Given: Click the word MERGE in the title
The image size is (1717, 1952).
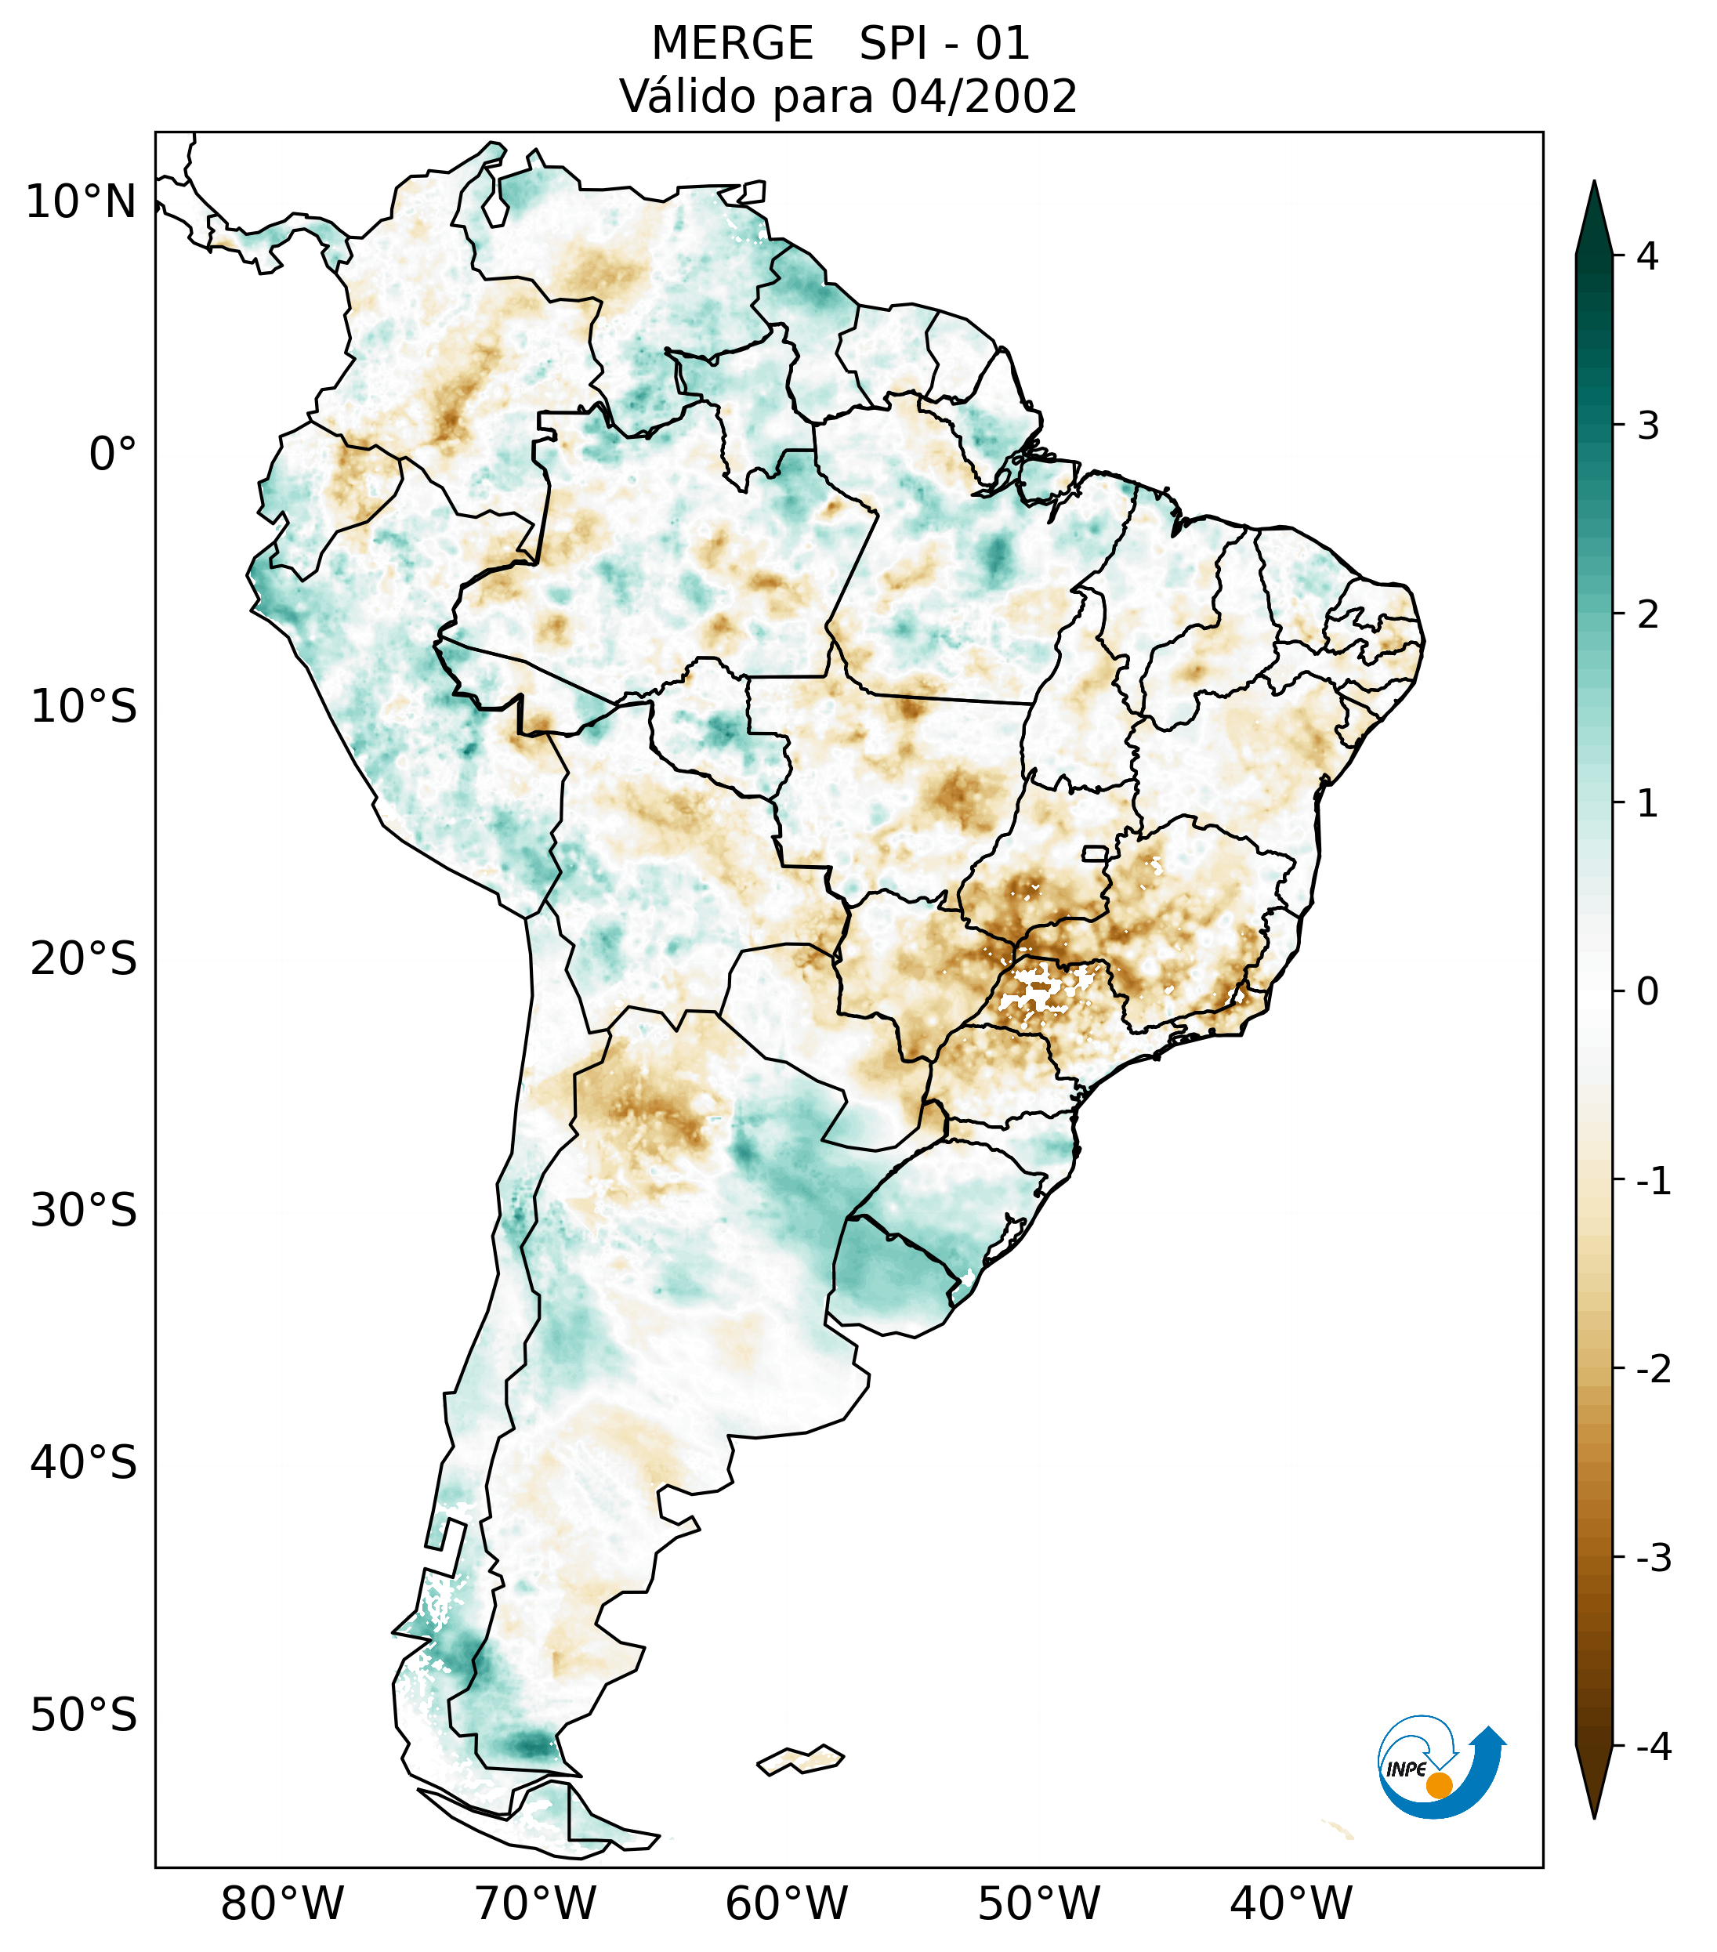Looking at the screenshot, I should tap(733, 44).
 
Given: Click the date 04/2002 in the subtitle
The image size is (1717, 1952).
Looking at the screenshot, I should tap(983, 96).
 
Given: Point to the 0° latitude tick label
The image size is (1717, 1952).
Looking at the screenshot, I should tap(113, 455).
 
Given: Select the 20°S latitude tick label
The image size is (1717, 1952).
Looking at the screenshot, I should tap(84, 959).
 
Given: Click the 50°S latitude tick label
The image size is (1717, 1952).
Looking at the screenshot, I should tap(84, 1716).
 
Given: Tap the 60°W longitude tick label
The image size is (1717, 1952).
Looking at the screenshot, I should tap(786, 1903).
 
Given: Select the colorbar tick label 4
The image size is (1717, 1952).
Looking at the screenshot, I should tap(1647, 256).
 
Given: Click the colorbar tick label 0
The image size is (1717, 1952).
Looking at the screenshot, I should tap(1647, 992).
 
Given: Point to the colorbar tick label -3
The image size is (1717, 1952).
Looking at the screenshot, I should tap(1653, 1558).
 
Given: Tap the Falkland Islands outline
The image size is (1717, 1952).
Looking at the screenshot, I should tap(800, 1760).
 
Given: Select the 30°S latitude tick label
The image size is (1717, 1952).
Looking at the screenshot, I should tap(84, 1211).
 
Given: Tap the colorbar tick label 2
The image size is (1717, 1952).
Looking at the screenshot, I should tap(1647, 615).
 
